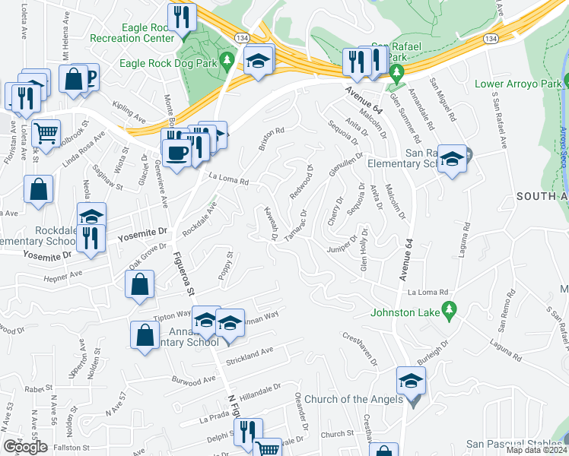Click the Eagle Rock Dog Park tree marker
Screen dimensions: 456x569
pyautogui.click(x=225, y=59)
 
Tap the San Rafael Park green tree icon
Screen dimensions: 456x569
pyautogui.click(x=396, y=73)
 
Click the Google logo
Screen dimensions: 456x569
pyautogui.click(x=25, y=447)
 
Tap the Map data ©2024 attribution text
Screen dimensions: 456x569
pyautogui.click(x=536, y=450)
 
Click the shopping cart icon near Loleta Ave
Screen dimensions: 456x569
pyautogui.click(x=46, y=133)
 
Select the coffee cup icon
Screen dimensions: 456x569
pyautogui.click(x=176, y=153)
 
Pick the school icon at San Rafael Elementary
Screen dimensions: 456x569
pyautogui.click(x=453, y=158)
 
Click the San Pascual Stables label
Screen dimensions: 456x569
pyautogui.click(x=513, y=444)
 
